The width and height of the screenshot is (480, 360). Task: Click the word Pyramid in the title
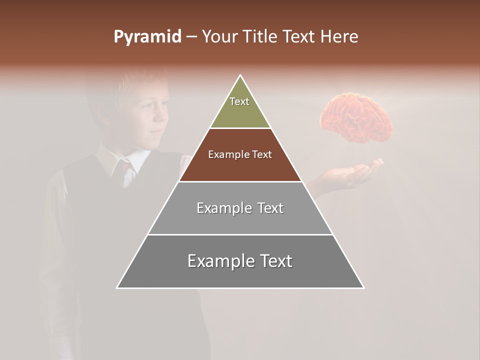147,37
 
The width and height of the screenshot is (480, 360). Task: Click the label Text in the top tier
239,101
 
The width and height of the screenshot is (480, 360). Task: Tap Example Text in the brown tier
240,154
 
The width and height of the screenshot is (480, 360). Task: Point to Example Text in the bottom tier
240,261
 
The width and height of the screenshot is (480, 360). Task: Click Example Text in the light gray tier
240,208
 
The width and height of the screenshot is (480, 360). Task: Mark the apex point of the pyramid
240,75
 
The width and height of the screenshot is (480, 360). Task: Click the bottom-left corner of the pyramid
117,288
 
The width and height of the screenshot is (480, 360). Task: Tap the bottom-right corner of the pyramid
363,288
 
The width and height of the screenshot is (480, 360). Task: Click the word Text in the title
299,37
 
